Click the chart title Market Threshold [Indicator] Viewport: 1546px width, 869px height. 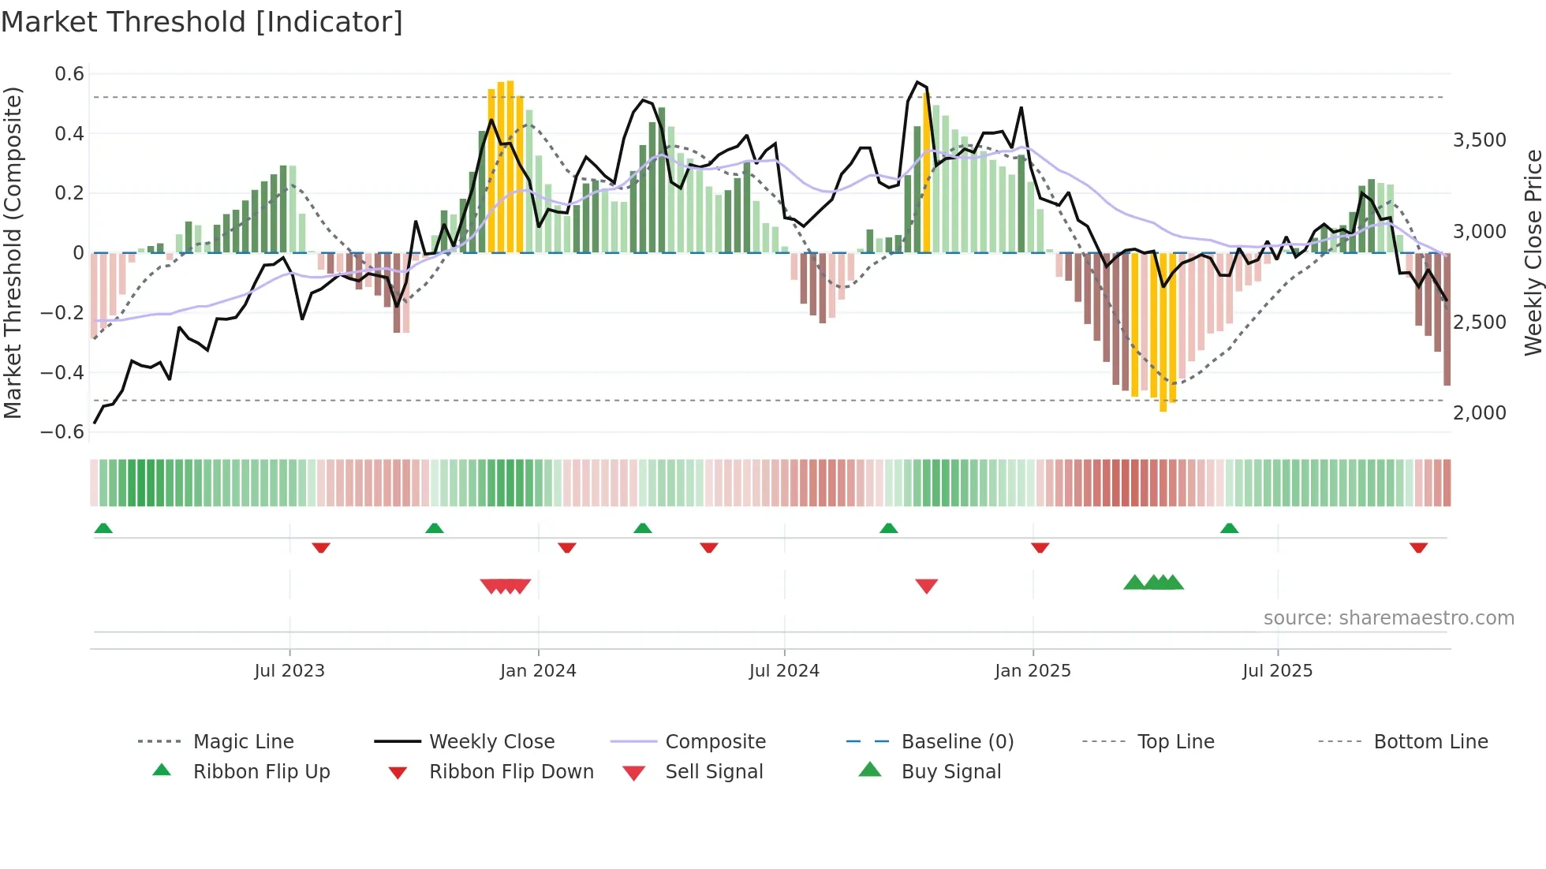point(202,22)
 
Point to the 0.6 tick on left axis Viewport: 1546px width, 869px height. point(69,74)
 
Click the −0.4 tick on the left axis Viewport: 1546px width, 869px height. point(63,372)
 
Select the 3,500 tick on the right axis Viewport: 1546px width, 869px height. point(1479,140)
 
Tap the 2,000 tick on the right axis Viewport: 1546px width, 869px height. point(1479,413)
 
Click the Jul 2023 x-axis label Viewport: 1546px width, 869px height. point(289,671)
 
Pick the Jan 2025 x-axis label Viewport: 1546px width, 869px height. point(1033,671)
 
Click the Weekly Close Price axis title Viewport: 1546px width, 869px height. point(1533,252)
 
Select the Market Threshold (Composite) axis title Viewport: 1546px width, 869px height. point(13,252)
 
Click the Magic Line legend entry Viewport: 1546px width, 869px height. point(243,742)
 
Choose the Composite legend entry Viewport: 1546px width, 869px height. point(715,742)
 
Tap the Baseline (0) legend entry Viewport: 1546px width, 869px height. point(957,742)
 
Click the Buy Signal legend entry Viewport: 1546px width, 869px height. point(950,772)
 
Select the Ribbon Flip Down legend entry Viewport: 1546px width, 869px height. point(510,772)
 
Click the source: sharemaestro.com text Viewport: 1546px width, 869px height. point(1388,618)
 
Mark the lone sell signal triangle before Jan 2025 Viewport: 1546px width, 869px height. point(926,586)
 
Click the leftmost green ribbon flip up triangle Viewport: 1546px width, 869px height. point(103,528)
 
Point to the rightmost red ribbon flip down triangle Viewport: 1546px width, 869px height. point(1418,547)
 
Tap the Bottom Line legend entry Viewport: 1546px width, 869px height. point(1430,742)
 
